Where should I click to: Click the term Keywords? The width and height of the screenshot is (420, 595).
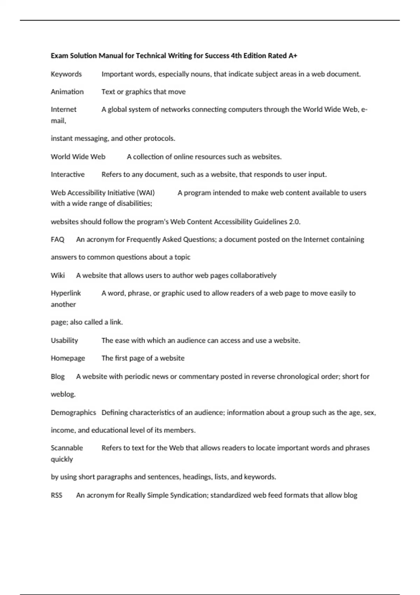(66, 74)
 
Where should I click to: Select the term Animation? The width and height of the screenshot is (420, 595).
(67, 92)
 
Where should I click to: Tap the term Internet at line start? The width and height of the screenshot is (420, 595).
(63, 110)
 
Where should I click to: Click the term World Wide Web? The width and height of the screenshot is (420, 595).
(78, 157)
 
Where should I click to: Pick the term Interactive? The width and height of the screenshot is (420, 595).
(68, 174)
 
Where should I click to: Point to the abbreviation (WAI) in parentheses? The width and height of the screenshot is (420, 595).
(146, 192)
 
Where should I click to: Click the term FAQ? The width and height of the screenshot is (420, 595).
(57, 239)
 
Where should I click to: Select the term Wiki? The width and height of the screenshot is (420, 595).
(58, 275)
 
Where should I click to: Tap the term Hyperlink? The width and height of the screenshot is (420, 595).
(66, 293)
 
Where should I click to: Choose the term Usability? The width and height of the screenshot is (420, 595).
(64, 341)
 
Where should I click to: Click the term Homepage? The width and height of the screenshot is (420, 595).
(68, 358)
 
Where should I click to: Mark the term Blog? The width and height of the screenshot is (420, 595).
(58, 377)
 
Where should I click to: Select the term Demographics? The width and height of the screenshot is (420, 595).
(73, 413)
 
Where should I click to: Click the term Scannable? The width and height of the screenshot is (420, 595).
(67, 448)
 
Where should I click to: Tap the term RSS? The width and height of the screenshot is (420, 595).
(56, 495)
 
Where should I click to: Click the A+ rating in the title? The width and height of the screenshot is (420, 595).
(293, 56)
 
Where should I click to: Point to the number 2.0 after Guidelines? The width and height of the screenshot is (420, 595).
(294, 222)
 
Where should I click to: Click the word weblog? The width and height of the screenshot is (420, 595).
(63, 394)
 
